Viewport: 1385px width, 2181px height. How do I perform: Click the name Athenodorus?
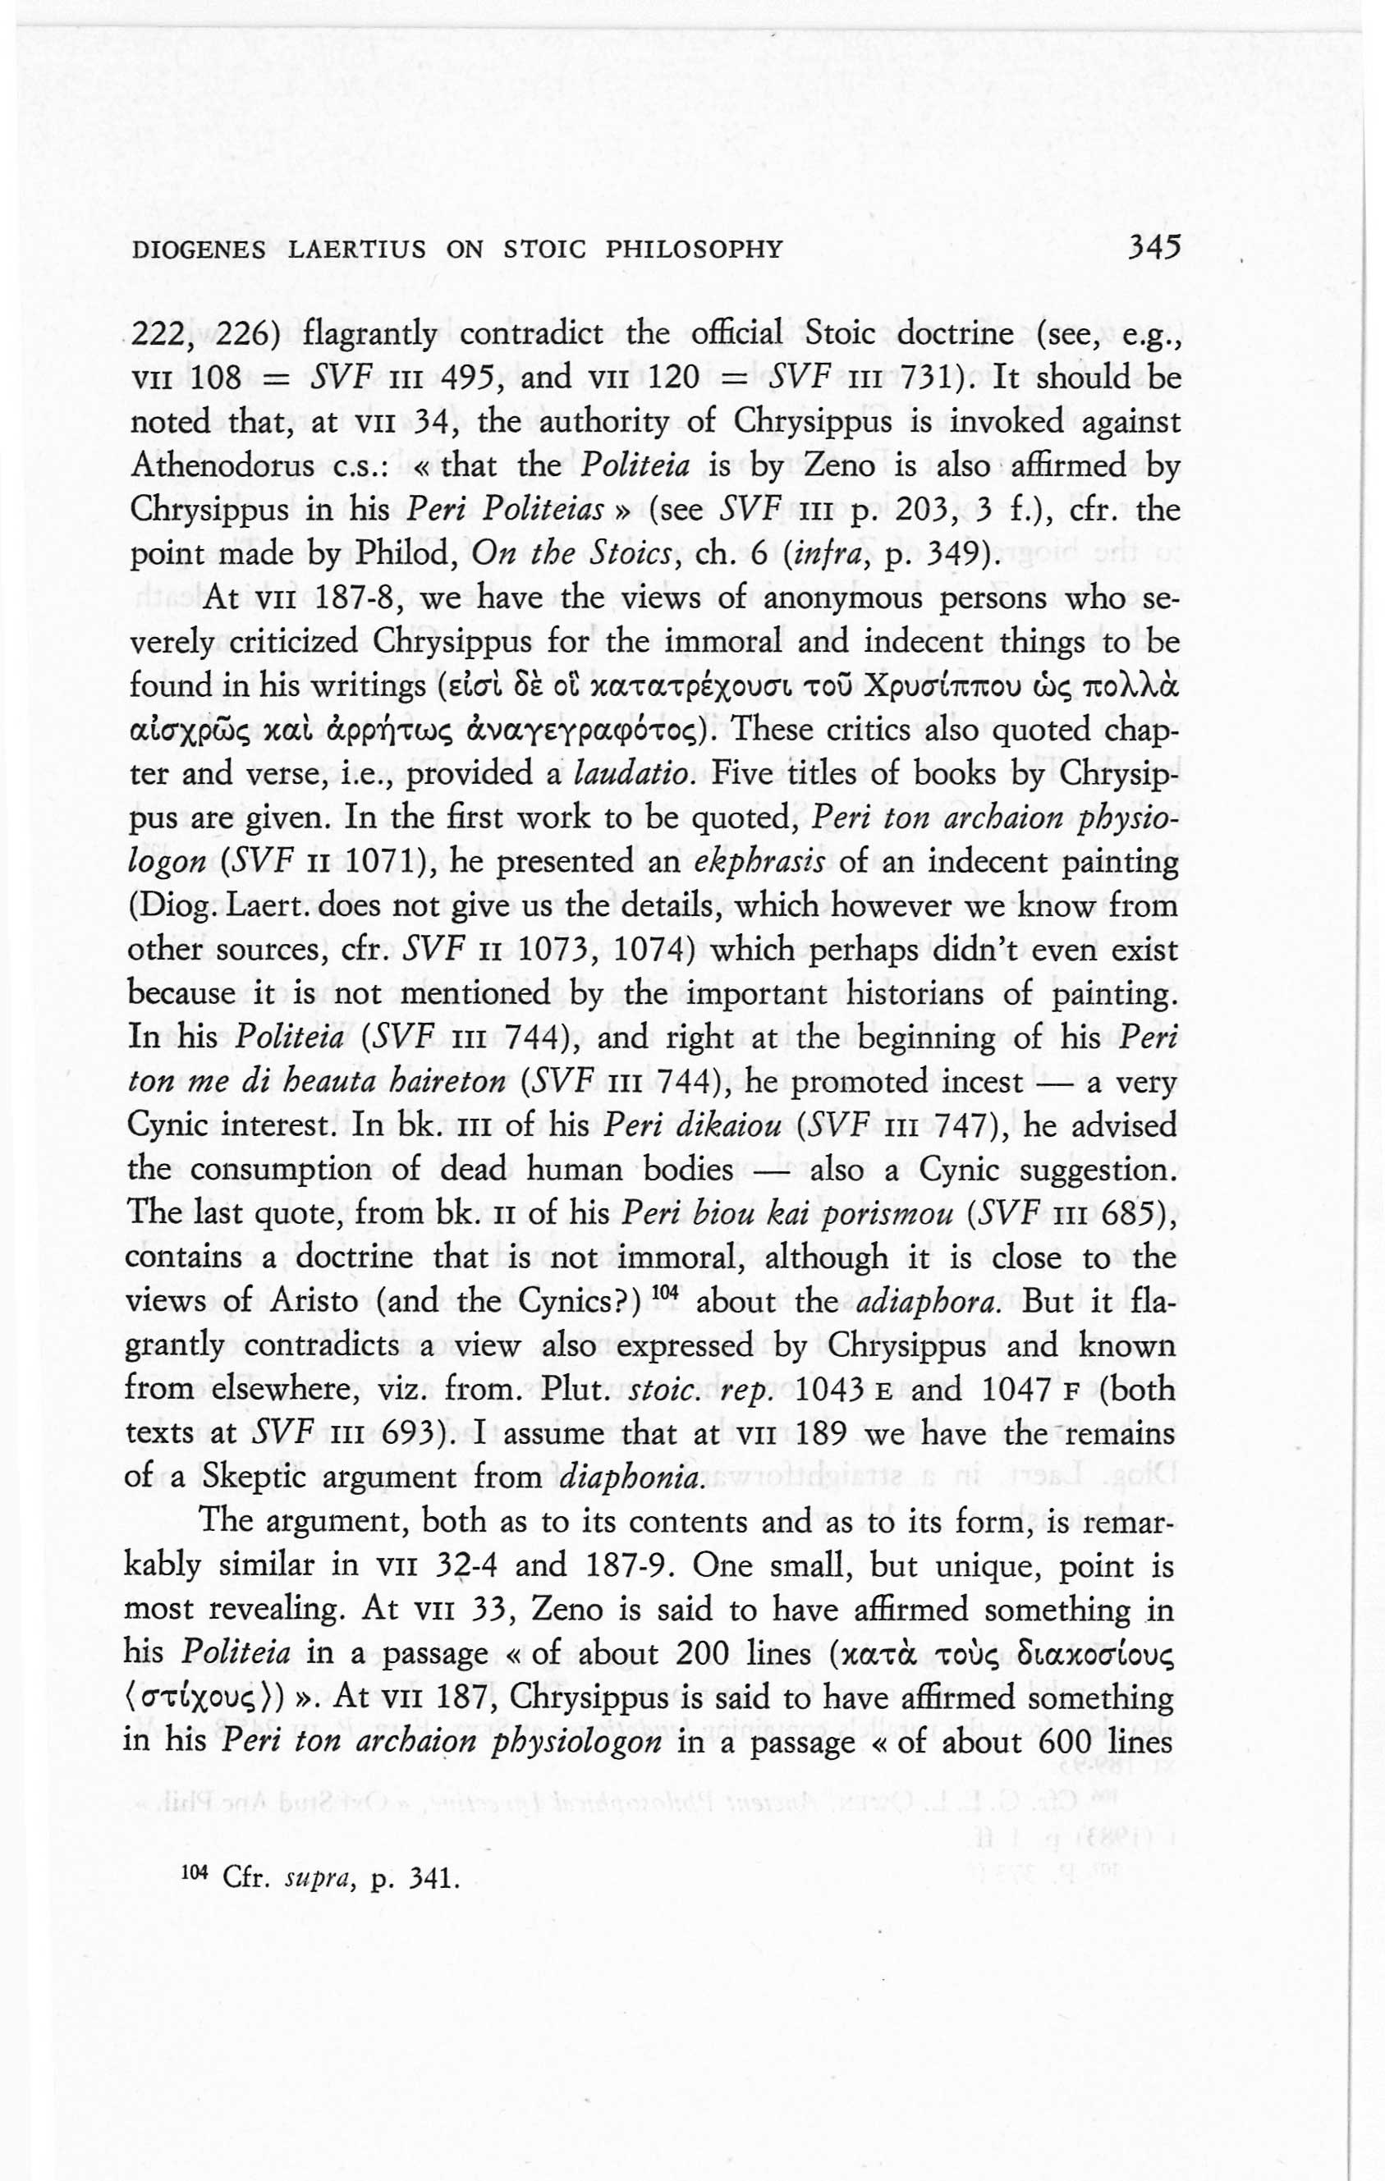pyautogui.click(x=222, y=466)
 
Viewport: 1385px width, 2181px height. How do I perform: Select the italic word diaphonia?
pyautogui.click(x=631, y=1478)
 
